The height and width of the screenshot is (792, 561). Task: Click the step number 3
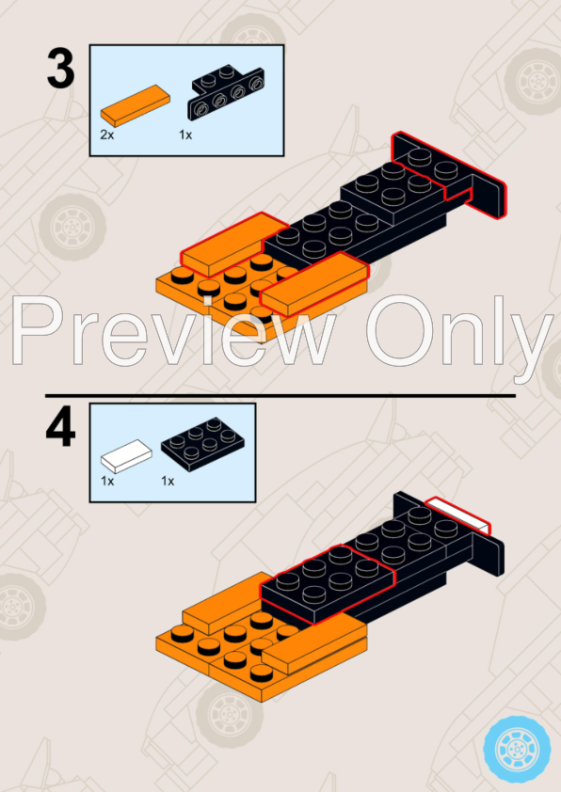tap(60, 70)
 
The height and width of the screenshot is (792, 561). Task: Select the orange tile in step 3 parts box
tap(135, 105)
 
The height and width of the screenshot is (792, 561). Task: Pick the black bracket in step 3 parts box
tap(226, 92)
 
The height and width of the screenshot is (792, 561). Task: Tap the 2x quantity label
tap(107, 135)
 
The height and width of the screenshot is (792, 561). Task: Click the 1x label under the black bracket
tap(185, 135)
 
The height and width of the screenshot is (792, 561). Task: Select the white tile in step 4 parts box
tap(126, 455)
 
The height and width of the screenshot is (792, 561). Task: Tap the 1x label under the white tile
tap(107, 481)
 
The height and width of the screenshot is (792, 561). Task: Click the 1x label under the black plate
tap(168, 481)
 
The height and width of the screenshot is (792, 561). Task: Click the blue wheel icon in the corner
tap(517, 749)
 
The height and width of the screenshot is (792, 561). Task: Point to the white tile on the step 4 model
tap(457, 515)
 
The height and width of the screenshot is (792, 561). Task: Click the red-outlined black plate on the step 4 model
tap(328, 585)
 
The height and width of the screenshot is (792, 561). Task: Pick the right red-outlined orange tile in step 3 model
tap(314, 284)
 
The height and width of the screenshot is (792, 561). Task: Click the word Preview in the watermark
tap(174, 332)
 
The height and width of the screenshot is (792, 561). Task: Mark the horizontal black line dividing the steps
tap(280, 395)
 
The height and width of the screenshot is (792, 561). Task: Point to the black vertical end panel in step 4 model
tap(489, 555)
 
